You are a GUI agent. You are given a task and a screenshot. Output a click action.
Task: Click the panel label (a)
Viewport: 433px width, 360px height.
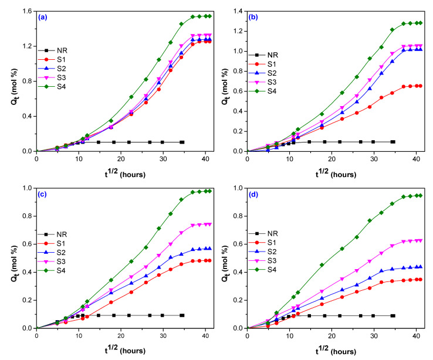43,18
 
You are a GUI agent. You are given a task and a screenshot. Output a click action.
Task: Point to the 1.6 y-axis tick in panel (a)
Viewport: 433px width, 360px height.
27,11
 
